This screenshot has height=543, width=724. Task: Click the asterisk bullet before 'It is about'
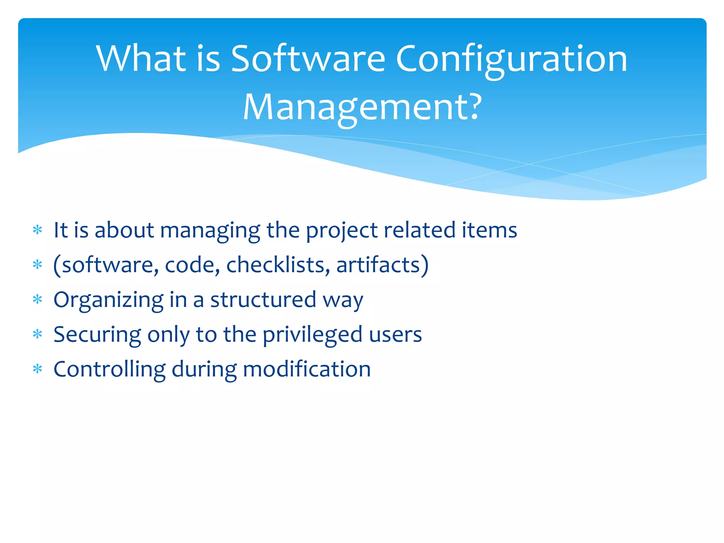(x=37, y=230)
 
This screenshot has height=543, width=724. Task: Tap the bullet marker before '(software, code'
(x=37, y=265)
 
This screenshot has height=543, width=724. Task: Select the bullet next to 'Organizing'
(x=37, y=300)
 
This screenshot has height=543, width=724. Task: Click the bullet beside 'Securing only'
(x=37, y=334)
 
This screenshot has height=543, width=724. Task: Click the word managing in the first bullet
(x=210, y=230)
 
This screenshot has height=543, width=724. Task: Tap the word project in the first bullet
(x=341, y=230)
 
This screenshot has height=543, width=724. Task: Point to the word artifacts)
(x=382, y=265)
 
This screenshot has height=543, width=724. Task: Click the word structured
(x=263, y=300)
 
